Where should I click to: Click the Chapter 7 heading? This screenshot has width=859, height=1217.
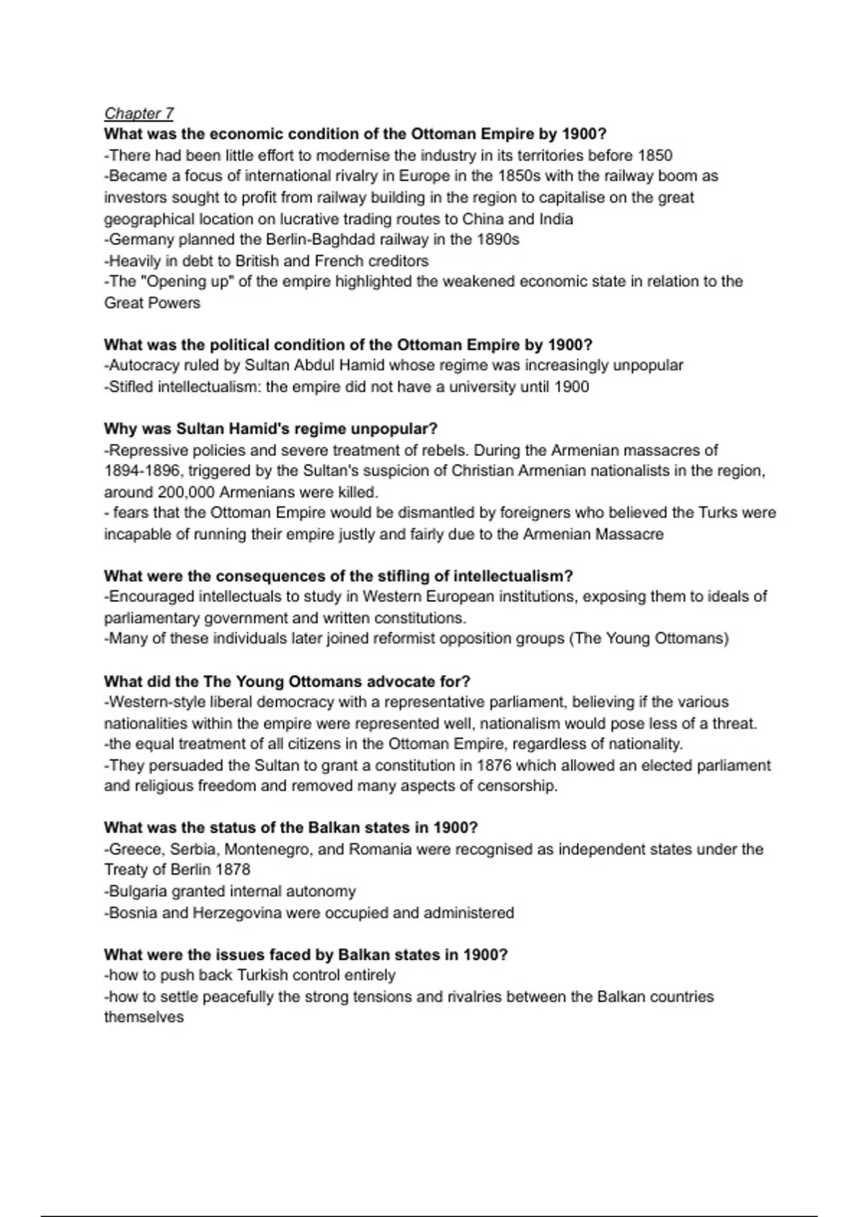pyautogui.click(x=139, y=113)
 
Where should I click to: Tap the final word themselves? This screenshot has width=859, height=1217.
pyautogui.click(x=144, y=1017)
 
